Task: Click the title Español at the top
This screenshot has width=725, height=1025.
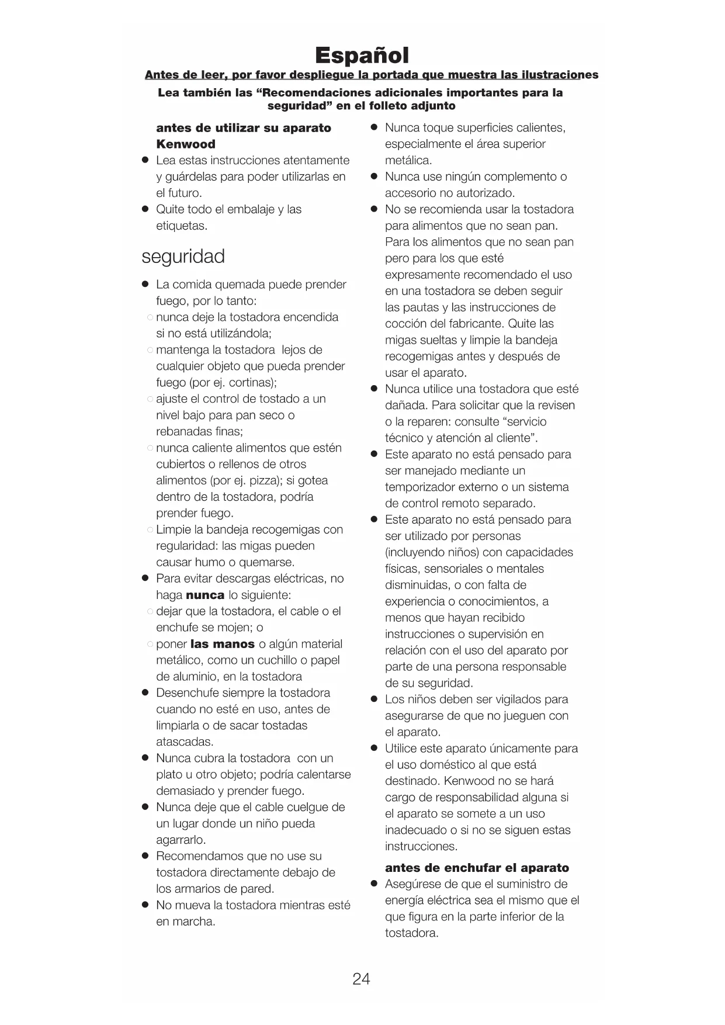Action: point(362,56)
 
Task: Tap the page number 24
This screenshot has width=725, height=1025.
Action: point(361,979)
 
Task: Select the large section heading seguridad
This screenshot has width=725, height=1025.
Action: point(183,257)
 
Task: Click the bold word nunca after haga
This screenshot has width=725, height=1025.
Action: point(205,595)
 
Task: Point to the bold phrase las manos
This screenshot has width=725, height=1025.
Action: point(223,644)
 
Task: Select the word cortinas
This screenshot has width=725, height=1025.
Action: point(252,383)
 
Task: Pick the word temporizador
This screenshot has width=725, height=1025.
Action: point(419,487)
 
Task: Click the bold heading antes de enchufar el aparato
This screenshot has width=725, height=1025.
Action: point(477,868)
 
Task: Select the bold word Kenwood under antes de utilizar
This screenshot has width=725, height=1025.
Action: point(186,144)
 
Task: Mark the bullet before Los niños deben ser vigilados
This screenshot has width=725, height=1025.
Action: point(374,700)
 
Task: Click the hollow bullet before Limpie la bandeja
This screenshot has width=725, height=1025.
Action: point(150,530)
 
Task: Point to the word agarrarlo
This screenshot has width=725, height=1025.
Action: point(181,840)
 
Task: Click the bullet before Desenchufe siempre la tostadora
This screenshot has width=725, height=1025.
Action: point(145,693)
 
